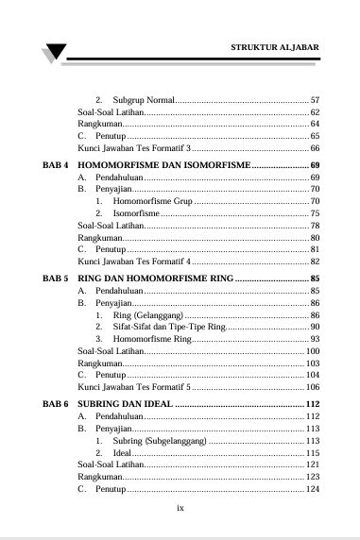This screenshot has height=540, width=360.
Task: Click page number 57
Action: point(316,100)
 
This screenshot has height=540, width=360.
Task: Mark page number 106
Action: point(313,387)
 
